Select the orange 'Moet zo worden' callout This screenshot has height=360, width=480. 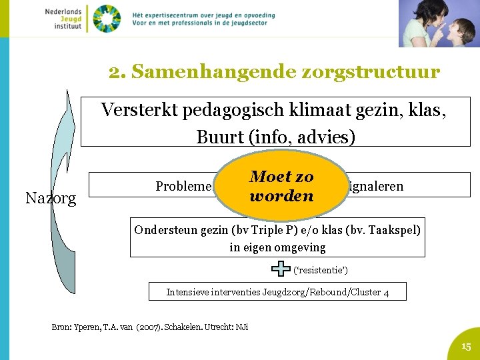pos(281,186)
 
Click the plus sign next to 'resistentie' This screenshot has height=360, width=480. pos(281,269)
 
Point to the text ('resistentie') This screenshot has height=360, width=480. pos(321,270)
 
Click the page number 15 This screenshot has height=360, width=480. pos(466,346)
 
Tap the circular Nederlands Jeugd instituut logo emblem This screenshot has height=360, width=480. pos(107,18)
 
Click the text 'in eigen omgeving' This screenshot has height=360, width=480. pos(277,247)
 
